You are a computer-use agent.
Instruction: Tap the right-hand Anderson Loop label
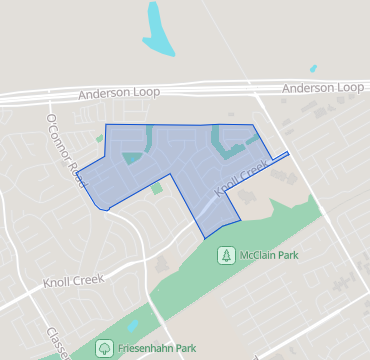pyautogui.click(x=322, y=88)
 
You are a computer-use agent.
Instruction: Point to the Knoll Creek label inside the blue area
pyautogui.click(x=240, y=175)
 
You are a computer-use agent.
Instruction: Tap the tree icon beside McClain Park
pyautogui.click(x=227, y=255)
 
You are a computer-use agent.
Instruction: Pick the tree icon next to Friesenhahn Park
pyautogui.click(x=104, y=348)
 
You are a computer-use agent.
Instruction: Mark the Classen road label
pyautogui.click(x=58, y=342)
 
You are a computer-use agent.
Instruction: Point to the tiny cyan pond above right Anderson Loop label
pyautogui.click(x=313, y=69)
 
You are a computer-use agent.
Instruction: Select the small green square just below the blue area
pyautogui.click(x=157, y=188)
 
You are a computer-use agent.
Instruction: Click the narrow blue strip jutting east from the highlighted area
pyautogui.click(x=279, y=157)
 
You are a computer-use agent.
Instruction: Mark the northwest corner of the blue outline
pyautogui.click(x=106, y=125)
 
